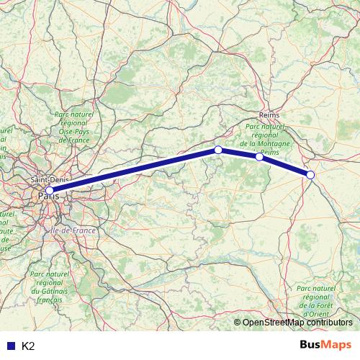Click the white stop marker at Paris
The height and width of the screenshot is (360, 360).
[x=49, y=191]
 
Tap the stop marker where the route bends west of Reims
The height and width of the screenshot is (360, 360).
[x=218, y=150]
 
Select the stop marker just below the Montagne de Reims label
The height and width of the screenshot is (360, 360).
[x=259, y=156]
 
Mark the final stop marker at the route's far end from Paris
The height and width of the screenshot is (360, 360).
[x=310, y=175]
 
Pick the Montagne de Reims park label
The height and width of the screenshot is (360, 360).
[x=266, y=139]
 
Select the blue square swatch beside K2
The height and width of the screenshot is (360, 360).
[x=11, y=346]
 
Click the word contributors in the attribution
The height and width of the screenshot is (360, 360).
[x=332, y=323]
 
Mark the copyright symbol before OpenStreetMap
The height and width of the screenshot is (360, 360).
[x=238, y=323]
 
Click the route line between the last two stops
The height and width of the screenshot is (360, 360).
[x=285, y=166]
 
